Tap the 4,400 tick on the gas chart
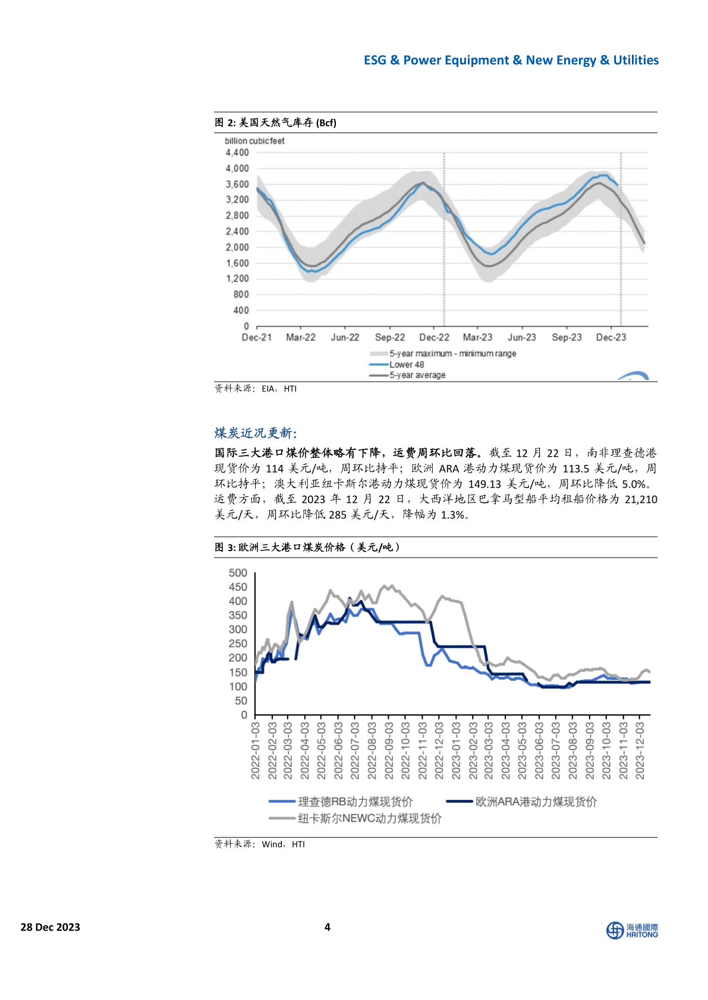(237, 153)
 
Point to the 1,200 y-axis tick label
(237, 279)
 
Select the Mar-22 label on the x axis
(301, 337)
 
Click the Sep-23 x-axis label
(567, 337)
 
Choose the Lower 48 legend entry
(407, 365)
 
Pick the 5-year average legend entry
(417, 375)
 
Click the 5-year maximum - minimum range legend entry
(452, 354)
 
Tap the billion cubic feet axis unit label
(254, 141)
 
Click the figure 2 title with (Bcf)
(276, 123)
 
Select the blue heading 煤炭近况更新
(256, 433)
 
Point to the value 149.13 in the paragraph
(484, 484)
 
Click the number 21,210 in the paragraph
(641, 499)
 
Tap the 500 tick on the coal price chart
(238, 573)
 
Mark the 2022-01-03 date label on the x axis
(256, 750)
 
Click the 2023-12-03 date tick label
(640, 750)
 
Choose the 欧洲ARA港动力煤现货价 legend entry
(536, 802)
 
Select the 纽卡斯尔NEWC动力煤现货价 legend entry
(369, 819)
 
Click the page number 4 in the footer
(327, 927)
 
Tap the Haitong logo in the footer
(632, 931)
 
